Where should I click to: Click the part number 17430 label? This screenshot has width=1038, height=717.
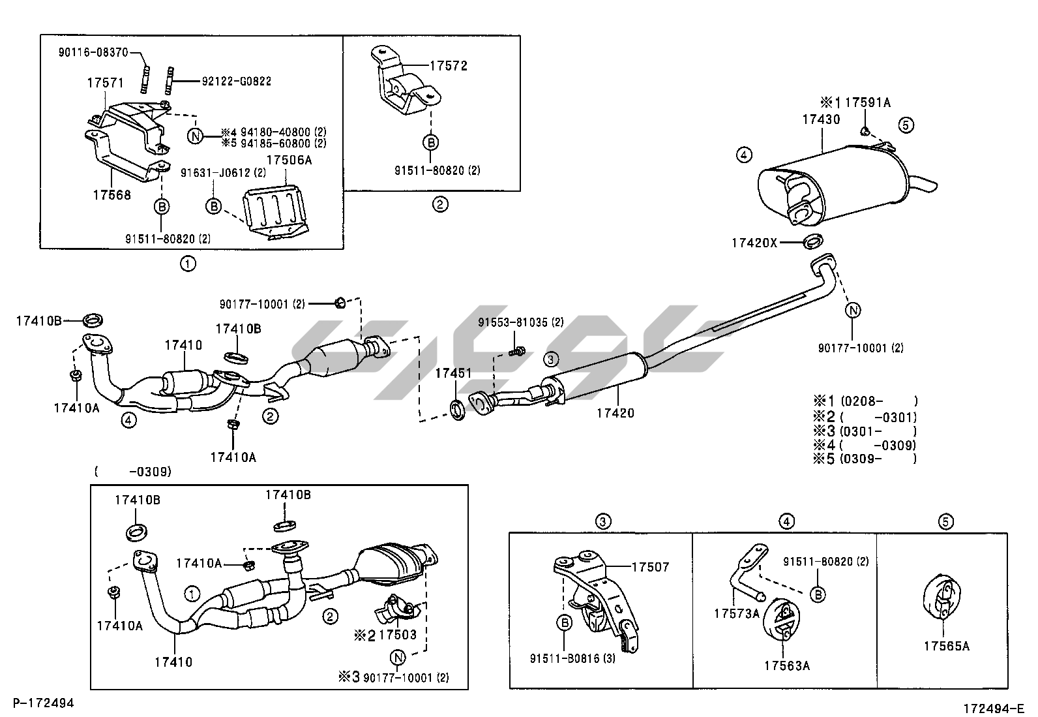click(x=821, y=119)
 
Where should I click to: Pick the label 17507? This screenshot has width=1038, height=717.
click(x=650, y=567)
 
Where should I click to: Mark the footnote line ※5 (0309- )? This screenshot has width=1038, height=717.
click(x=864, y=459)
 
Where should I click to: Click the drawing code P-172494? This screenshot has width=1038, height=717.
click(x=43, y=703)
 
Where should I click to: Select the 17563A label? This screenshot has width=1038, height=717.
click(x=787, y=666)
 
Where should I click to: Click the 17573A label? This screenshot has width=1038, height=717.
click(x=736, y=613)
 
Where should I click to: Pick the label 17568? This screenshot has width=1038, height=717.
click(x=111, y=194)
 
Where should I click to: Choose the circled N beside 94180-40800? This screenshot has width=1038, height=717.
click(x=194, y=136)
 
